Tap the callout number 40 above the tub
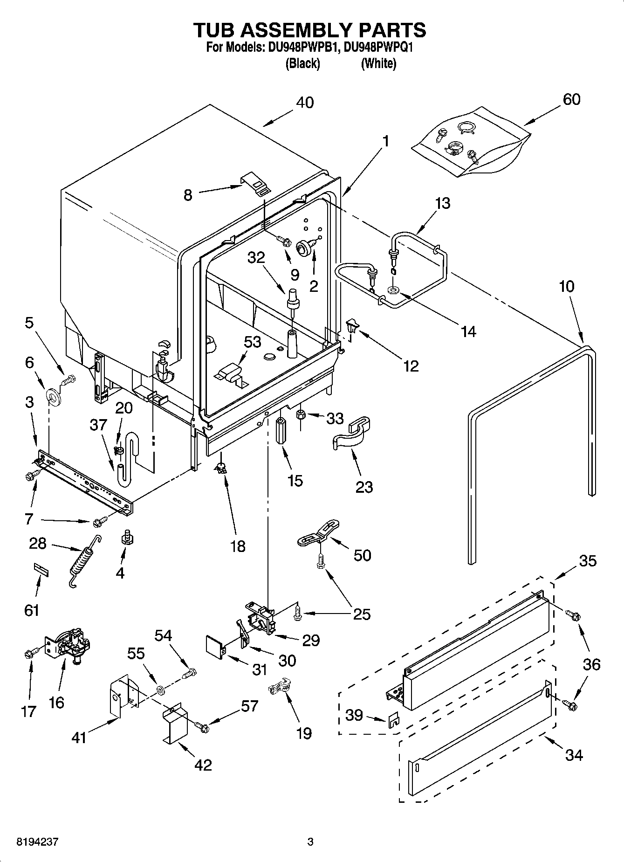(x=305, y=102)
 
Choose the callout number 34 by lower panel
(x=574, y=754)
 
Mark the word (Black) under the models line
(x=302, y=63)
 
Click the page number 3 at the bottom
(x=310, y=841)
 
